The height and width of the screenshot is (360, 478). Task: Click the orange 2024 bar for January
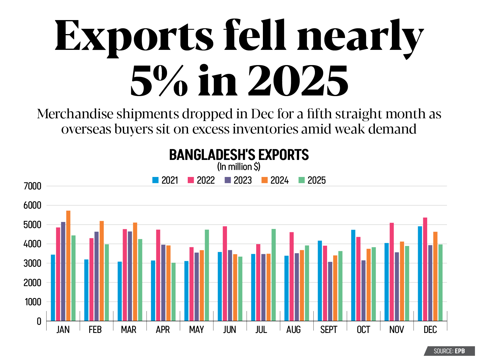pyautogui.click(x=68, y=266)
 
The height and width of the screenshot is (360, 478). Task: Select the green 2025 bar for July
pyautogui.click(x=274, y=275)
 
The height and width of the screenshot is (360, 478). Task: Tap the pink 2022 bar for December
pyautogui.click(x=425, y=269)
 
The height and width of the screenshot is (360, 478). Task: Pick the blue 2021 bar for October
pyautogui.click(x=353, y=275)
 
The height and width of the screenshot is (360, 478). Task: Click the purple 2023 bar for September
pyautogui.click(x=330, y=291)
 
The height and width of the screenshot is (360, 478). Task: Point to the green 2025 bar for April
pyautogui.click(x=173, y=292)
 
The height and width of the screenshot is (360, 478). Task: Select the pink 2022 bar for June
pyautogui.click(x=225, y=273)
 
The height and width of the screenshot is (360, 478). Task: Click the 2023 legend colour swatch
pyautogui.click(x=228, y=180)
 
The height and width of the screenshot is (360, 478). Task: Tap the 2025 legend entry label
pyautogui.click(x=316, y=180)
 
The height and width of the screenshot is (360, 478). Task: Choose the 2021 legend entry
pyautogui.click(x=165, y=180)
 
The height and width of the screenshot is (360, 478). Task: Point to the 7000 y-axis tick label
pyautogui.click(x=32, y=186)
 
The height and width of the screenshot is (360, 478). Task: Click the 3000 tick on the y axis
pyautogui.click(x=32, y=263)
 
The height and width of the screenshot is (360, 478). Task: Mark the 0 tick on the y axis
pyautogui.click(x=39, y=321)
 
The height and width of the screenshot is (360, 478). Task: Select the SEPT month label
pyautogui.click(x=329, y=330)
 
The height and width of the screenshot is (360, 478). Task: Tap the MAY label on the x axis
pyautogui.click(x=196, y=330)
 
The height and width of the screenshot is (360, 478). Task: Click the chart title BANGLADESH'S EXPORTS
pyautogui.click(x=239, y=155)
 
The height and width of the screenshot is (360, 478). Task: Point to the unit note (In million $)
pyautogui.click(x=239, y=167)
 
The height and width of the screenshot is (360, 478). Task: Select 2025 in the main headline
pyautogui.click(x=298, y=81)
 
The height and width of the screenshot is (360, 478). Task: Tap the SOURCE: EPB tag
pyautogui.click(x=449, y=351)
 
